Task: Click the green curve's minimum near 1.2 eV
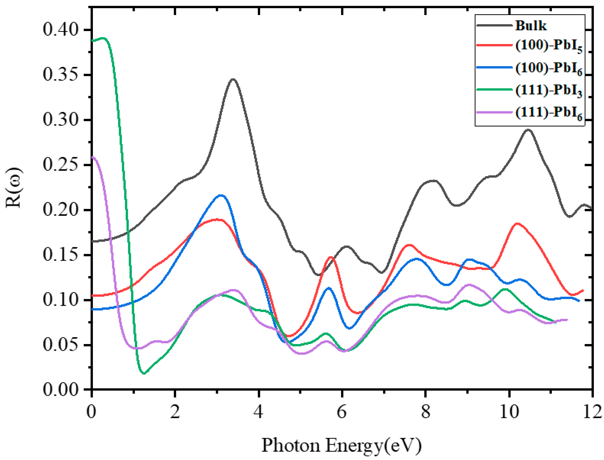pos(144,373)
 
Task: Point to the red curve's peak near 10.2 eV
pos(517,224)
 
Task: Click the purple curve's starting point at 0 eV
pos(93,157)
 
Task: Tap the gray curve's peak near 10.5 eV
pos(528,130)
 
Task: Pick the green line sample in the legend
pos(494,90)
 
